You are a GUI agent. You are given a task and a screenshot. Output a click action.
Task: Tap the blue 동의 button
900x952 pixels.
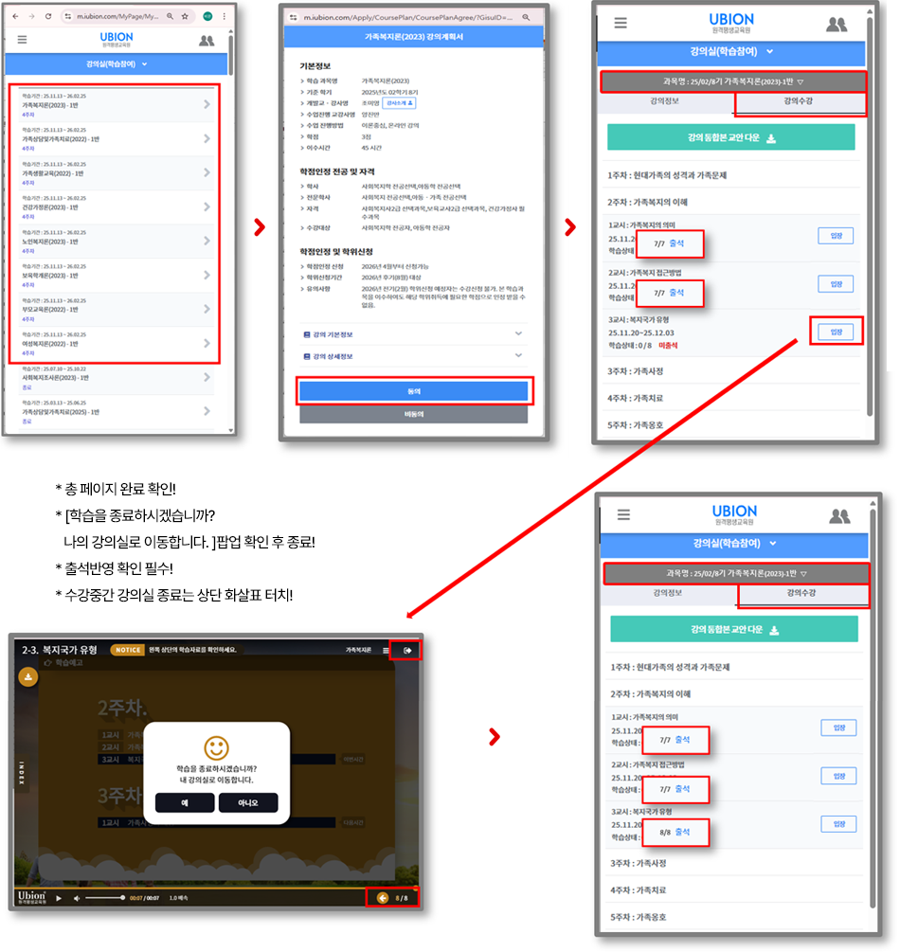click(413, 390)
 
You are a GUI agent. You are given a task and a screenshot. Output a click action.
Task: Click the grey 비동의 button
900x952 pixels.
click(413, 414)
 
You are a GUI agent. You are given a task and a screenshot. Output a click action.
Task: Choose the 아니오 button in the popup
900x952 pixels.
click(247, 802)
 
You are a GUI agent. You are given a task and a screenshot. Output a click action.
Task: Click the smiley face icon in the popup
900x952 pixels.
click(217, 745)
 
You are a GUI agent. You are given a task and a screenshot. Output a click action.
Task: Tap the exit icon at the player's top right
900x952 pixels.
click(408, 650)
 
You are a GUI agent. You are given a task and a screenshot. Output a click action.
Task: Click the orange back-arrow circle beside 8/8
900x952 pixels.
click(383, 897)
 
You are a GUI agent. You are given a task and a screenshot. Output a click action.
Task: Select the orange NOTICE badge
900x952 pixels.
click(127, 650)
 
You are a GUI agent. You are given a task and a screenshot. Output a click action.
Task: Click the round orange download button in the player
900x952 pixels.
click(28, 677)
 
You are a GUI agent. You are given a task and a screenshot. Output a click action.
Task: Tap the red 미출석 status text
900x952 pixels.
click(668, 345)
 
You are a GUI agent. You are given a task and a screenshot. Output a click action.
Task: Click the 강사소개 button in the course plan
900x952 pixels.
click(398, 102)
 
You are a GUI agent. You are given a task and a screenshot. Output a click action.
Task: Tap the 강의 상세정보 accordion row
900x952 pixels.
click(413, 355)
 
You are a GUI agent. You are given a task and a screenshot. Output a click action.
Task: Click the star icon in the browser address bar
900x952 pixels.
click(185, 17)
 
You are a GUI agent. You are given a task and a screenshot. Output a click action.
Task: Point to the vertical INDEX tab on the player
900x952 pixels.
click(22, 771)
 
